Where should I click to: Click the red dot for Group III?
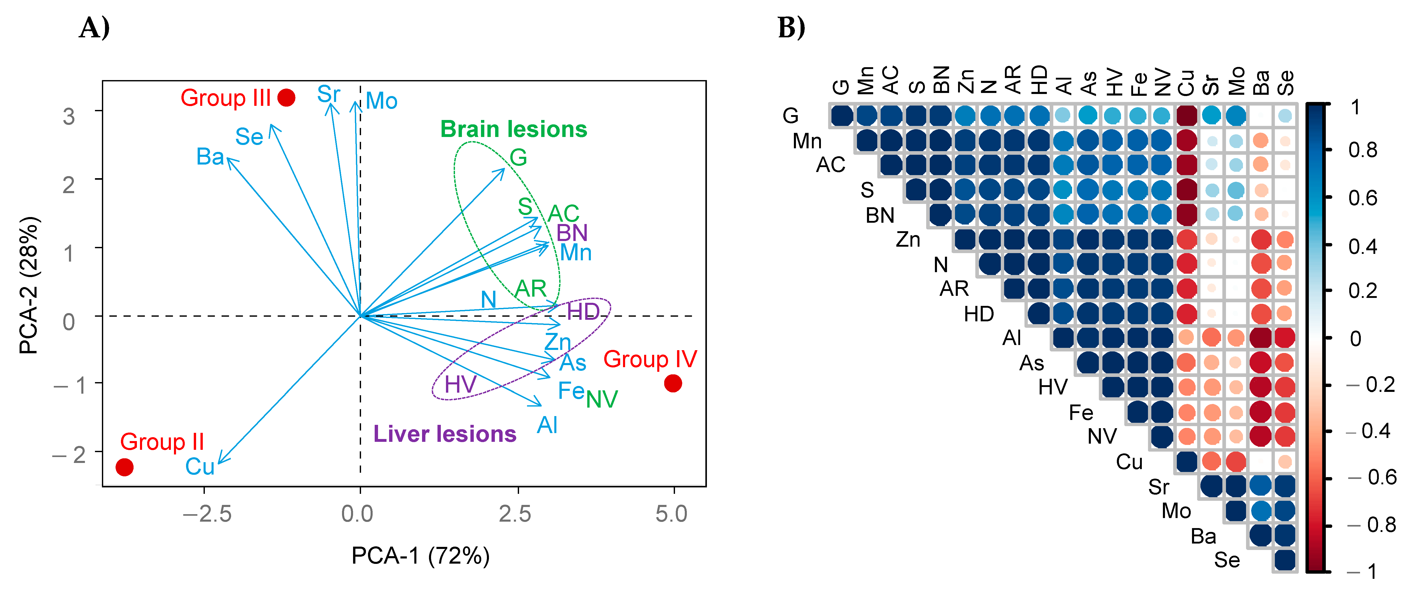[x=286, y=98]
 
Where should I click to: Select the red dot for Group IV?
[x=672, y=383]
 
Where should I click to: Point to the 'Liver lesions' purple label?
[x=445, y=434]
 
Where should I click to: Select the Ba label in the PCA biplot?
[x=210, y=157]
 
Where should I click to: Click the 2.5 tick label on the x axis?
[x=515, y=514]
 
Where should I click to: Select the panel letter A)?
[x=94, y=28]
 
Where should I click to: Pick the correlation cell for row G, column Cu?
[x=1187, y=115]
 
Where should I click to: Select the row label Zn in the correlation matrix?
[x=908, y=239]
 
